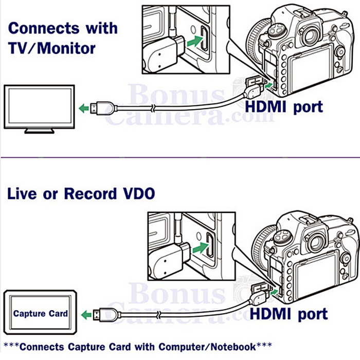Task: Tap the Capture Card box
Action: pyautogui.click(x=40, y=313)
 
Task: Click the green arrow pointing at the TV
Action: pyautogui.click(x=84, y=108)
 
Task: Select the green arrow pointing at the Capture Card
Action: pyautogui.click(x=86, y=313)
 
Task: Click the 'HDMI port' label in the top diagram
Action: pyautogui.click(x=283, y=107)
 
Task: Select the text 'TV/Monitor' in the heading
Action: pyautogui.click(x=51, y=48)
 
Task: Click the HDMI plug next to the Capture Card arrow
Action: pyautogui.click(x=103, y=313)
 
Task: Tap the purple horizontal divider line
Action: pyautogui.click(x=180, y=156)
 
